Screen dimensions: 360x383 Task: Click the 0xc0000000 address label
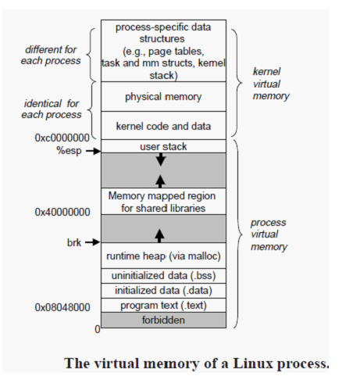tap(62, 138)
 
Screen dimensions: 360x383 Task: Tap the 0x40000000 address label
tap(62, 212)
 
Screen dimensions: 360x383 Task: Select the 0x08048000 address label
tap(62, 307)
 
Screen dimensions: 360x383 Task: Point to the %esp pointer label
tap(69, 151)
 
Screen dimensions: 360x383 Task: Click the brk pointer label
tap(74, 242)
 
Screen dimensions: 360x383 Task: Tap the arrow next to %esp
tap(93, 151)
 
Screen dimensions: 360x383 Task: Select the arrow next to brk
tap(93, 242)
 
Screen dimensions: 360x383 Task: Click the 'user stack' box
tap(163, 146)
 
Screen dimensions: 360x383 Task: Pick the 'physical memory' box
tap(163, 96)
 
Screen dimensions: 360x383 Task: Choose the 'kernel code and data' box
tap(163, 126)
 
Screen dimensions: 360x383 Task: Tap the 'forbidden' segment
tap(163, 320)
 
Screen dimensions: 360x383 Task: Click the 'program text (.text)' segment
tap(163, 305)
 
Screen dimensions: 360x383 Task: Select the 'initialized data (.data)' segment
tap(163, 291)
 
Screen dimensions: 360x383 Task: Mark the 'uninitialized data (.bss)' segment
tap(163, 276)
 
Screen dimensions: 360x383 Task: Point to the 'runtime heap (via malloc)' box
tap(163, 256)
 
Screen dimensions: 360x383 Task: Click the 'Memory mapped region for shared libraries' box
tap(163, 202)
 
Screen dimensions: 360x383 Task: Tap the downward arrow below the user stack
tap(161, 159)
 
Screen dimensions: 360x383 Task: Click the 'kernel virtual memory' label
tap(271, 84)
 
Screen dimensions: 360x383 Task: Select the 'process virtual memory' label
tap(269, 234)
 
